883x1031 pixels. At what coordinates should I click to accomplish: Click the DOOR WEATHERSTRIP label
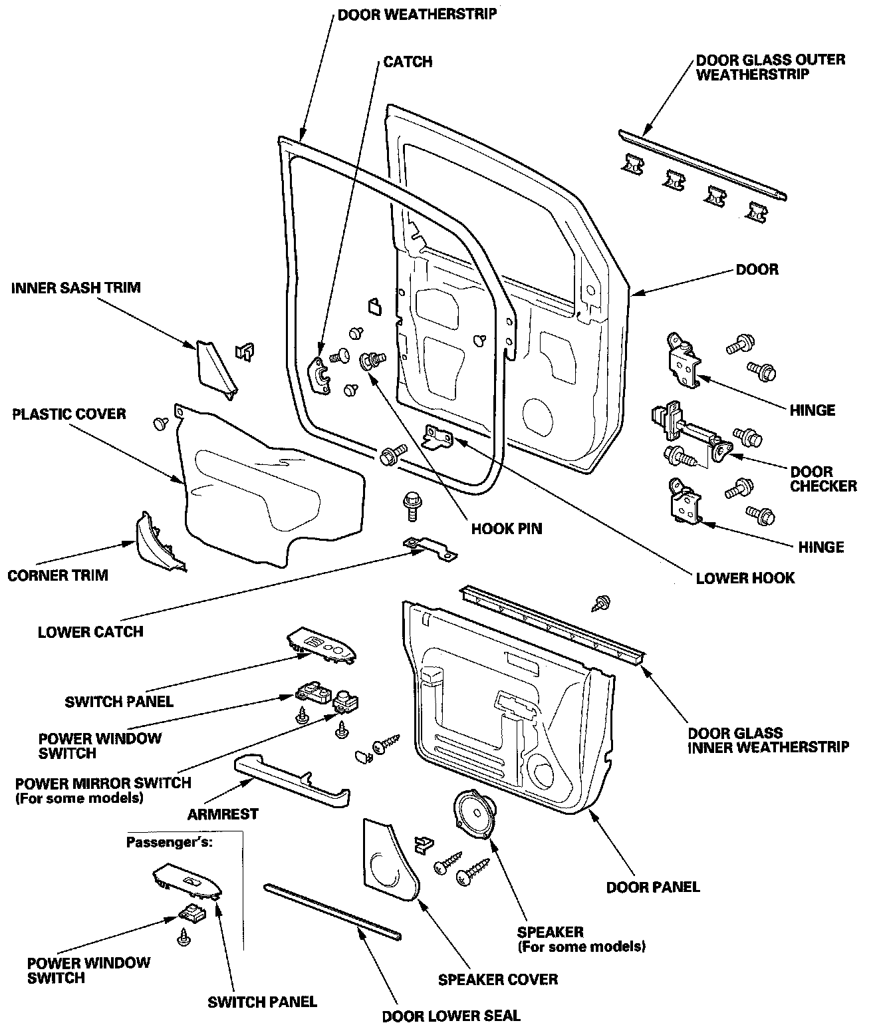point(417,14)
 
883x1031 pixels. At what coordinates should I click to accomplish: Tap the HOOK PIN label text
point(506,529)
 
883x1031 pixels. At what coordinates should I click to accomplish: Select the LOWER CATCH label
point(90,631)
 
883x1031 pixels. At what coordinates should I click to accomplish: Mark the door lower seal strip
point(332,911)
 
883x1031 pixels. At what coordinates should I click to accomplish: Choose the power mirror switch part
point(345,700)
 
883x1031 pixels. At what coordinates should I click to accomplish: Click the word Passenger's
point(170,841)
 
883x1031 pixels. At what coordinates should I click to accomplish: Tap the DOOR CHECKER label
point(823,479)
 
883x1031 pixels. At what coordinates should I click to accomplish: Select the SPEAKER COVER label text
point(497,979)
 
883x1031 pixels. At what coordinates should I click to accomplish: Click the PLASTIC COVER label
point(69,414)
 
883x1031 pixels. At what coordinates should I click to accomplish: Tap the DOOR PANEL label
point(652,887)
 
